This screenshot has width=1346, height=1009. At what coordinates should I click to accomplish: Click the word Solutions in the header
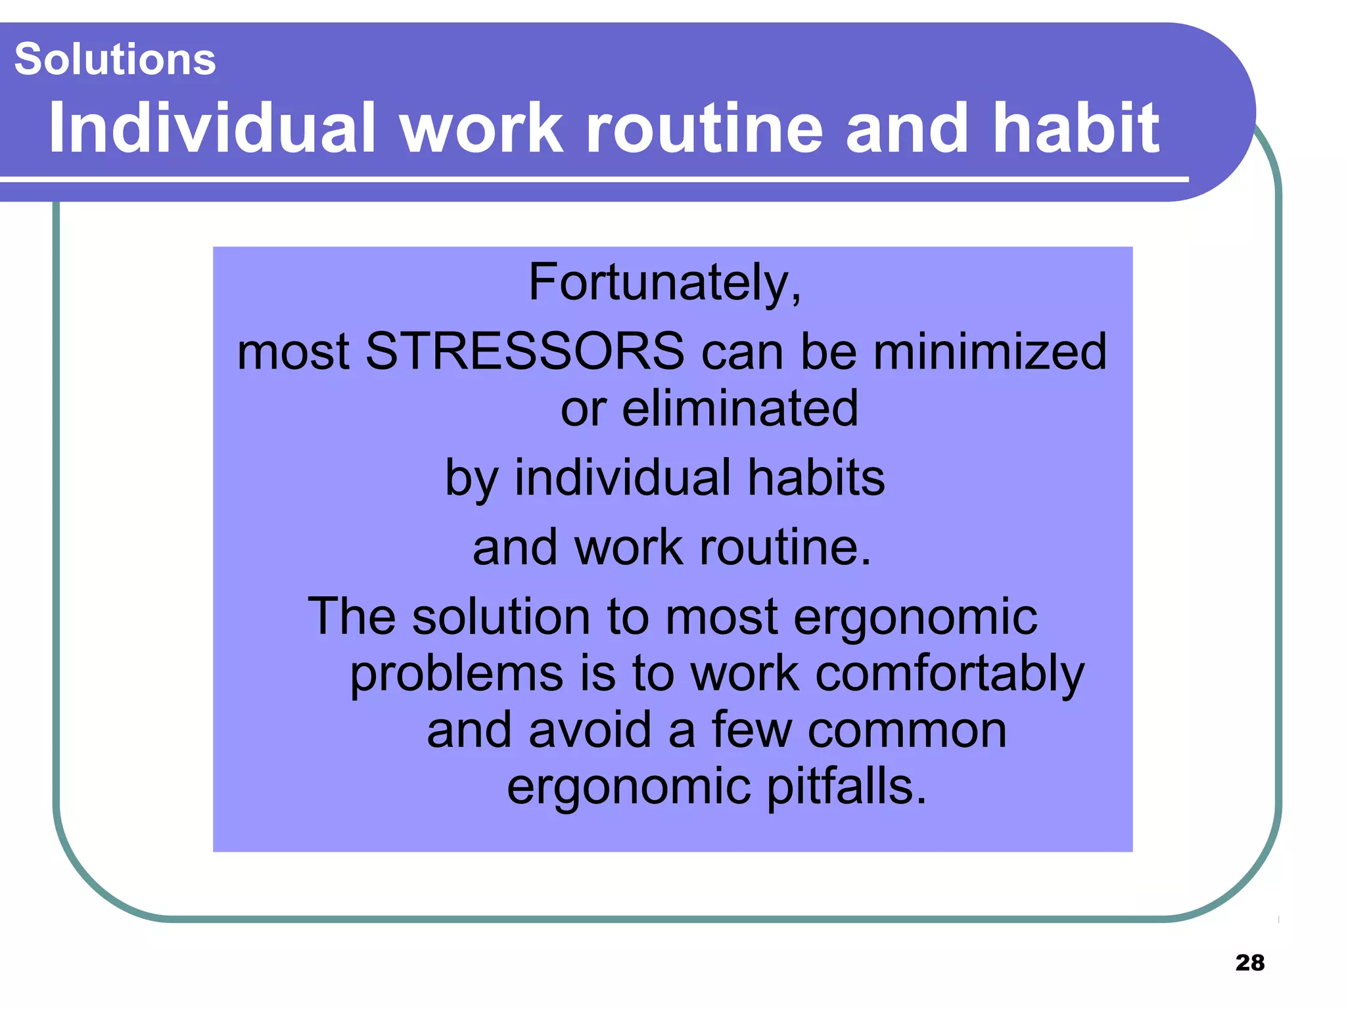point(115,59)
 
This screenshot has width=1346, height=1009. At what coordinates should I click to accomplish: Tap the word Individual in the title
point(212,128)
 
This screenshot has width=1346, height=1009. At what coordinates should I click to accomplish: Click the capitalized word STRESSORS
point(524,351)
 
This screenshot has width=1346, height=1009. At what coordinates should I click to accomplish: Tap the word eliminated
point(739,409)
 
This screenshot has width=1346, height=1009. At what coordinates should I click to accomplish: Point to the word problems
point(456,674)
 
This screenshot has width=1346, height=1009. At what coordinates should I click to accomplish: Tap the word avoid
point(590,730)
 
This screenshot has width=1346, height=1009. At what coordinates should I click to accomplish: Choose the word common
point(906,730)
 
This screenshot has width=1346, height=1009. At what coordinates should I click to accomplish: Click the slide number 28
point(1249,962)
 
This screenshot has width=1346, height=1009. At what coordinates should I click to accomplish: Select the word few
point(751,730)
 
